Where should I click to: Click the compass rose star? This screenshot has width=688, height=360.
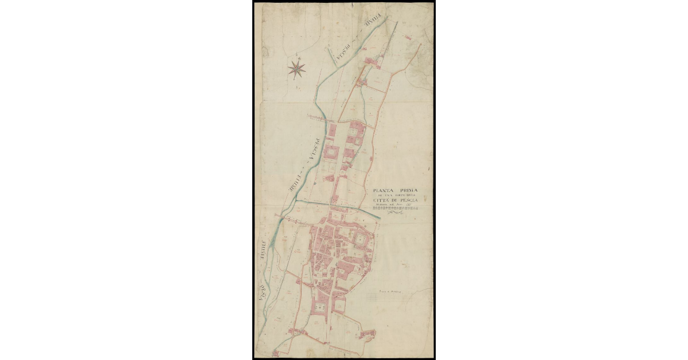point(296,69)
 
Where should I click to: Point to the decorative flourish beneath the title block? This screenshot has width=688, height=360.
point(394,213)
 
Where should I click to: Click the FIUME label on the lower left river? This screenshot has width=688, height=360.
point(264,252)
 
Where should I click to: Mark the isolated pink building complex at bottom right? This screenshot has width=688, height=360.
point(368,333)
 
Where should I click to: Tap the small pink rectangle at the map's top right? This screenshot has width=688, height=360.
point(408,37)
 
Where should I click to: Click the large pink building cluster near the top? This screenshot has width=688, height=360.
point(374,62)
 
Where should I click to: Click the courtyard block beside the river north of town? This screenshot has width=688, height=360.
point(332,152)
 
